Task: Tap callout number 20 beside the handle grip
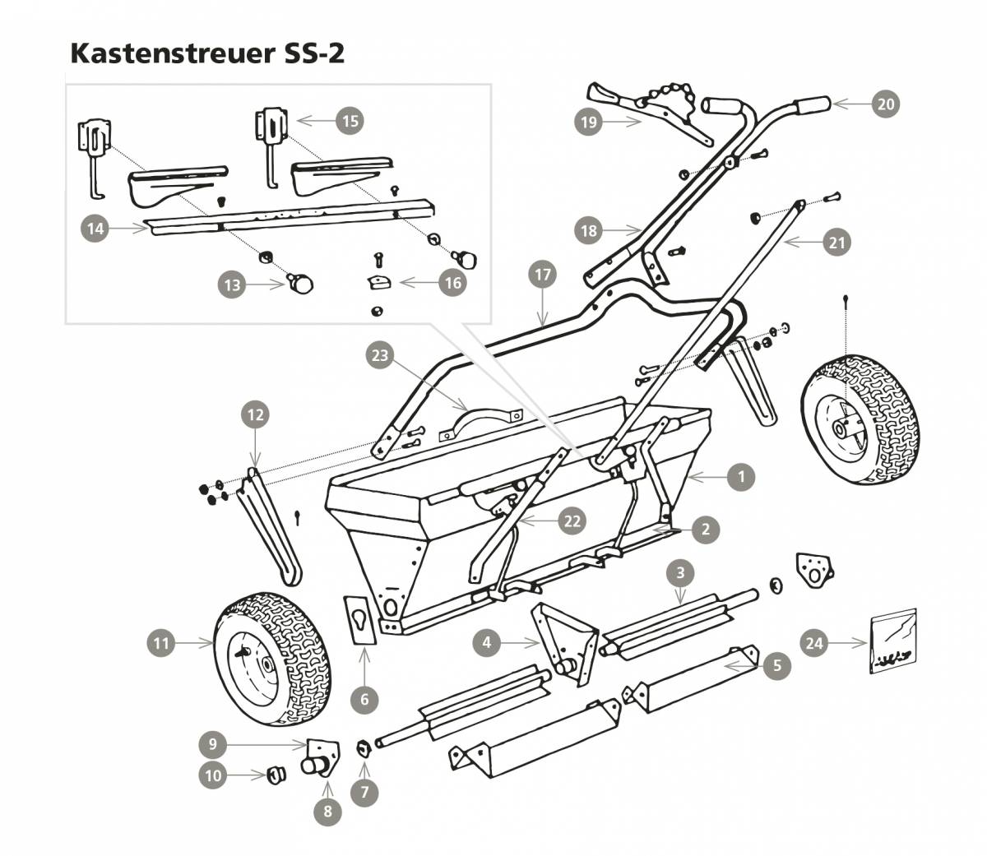point(885,104)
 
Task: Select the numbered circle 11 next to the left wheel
point(162,642)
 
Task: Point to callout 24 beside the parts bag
point(814,642)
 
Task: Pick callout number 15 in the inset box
point(350,120)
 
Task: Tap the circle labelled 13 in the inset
point(233,285)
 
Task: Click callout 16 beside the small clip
point(452,283)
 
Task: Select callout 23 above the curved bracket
point(380,355)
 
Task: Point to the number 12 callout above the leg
point(255,415)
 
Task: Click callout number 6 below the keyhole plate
point(364,700)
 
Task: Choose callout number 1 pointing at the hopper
point(741,476)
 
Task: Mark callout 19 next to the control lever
point(589,122)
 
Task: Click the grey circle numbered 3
point(680,572)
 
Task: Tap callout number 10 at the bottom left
point(213,775)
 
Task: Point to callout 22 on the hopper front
point(572,521)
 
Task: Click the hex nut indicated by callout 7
point(360,748)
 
